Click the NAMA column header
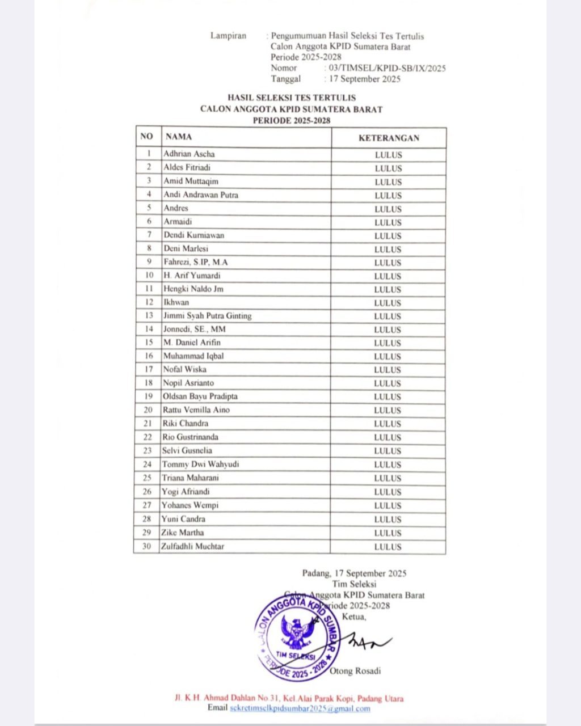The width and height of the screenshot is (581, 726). pyautogui.click(x=179, y=137)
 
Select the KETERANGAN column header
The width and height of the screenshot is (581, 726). pyautogui.click(x=389, y=138)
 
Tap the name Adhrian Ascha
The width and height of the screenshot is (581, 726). pyautogui.click(x=189, y=154)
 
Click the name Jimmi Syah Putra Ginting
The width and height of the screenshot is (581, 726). pyautogui.click(x=207, y=316)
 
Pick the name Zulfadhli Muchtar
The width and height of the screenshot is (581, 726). pyautogui.click(x=193, y=546)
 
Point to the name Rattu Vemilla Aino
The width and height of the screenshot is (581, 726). pyautogui.click(x=196, y=410)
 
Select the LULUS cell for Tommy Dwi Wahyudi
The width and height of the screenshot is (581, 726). pyautogui.click(x=388, y=465)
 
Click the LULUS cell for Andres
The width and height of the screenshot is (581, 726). pyautogui.click(x=388, y=209)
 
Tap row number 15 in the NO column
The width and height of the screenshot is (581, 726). pyautogui.click(x=149, y=343)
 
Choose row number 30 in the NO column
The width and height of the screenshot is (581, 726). pyautogui.click(x=147, y=546)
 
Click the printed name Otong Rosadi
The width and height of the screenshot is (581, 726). pyautogui.click(x=355, y=671)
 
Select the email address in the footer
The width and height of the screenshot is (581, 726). pyautogui.click(x=300, y=708)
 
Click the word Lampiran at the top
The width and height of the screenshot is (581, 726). pyautogui.click(x=228, y=36)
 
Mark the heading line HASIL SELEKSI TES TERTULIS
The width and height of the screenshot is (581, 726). pyautogui.click(x=291, y=98)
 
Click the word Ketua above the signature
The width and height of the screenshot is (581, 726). pyautogui.click(x=355, y=617)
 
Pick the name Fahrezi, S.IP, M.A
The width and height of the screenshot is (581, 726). pyautogui.click(x=195, y=262)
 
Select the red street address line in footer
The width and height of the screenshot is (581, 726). pyautogui.click(x=289, y=699)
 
